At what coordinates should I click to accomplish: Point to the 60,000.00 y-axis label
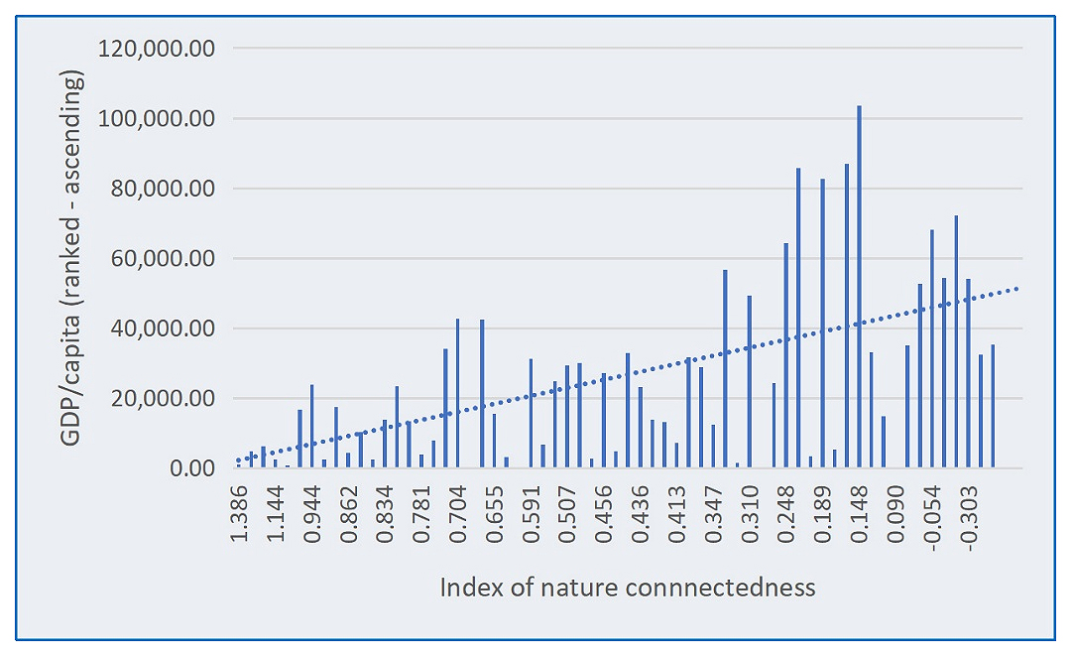tap(159, 259)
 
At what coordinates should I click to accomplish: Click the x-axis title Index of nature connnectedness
tap(628, 588)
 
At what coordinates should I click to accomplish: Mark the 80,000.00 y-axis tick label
tap(159, 189)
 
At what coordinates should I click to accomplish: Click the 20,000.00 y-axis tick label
tap(159, 399)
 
